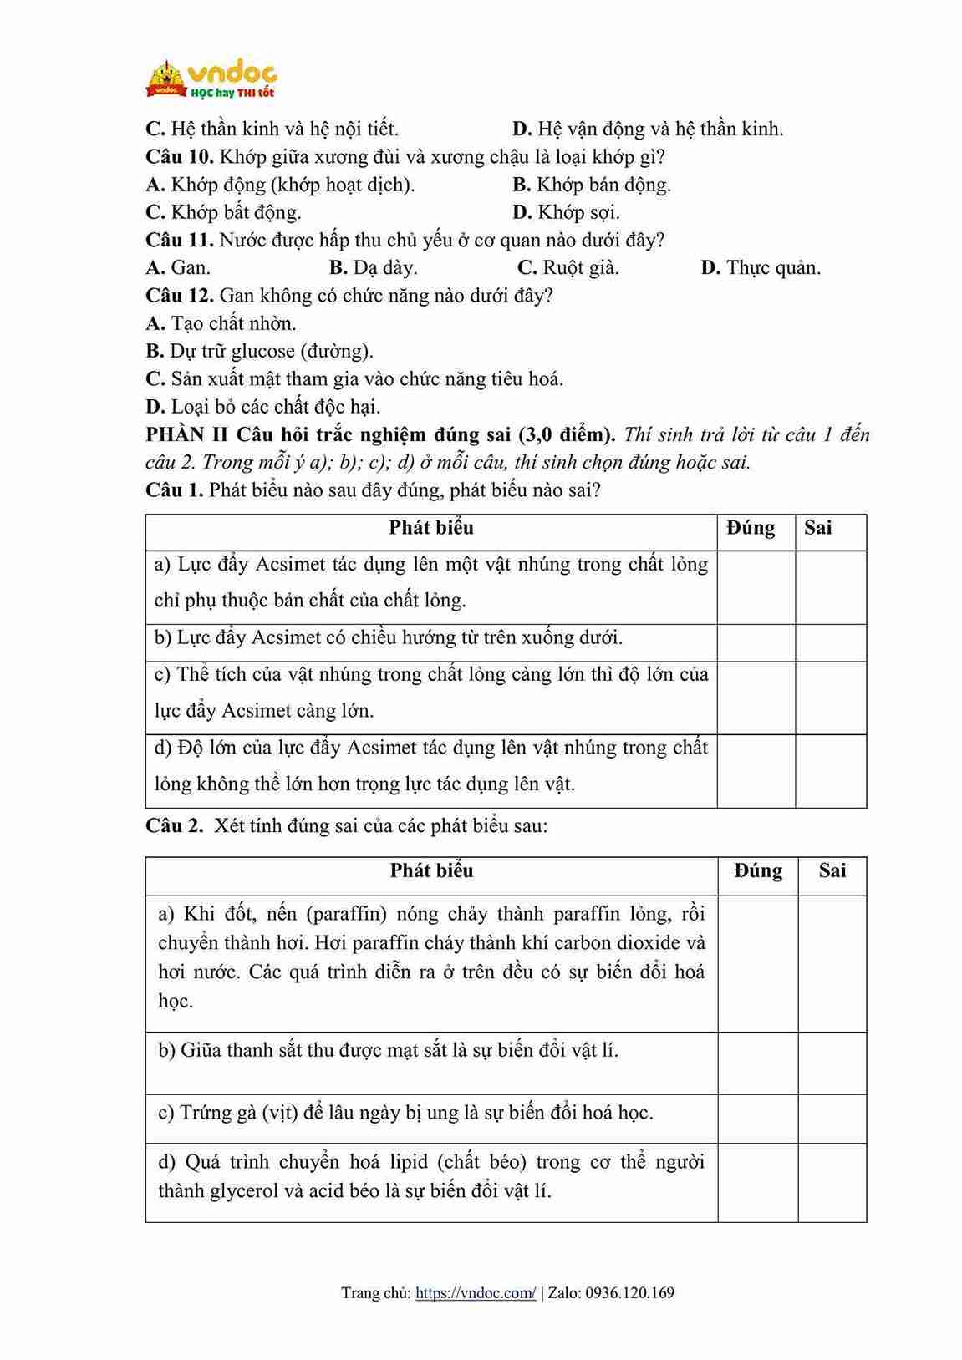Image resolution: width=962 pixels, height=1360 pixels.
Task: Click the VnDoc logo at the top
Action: click(x=211, y=79)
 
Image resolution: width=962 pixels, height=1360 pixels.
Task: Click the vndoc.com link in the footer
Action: click(x=476, y=1293)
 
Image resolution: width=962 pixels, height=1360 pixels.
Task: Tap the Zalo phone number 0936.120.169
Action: click(x=629, y=1293)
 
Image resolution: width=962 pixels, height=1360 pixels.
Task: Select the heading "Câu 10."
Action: click(x=180, y=157)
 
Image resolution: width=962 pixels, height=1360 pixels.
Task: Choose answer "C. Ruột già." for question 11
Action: click(x=568, y=268)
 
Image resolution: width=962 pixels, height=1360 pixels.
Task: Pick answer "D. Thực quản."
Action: click(x=761, y=268)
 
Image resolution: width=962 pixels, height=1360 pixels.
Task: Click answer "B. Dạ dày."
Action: click(x=373, y=268)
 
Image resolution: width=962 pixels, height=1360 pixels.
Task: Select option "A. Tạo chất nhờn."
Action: click(x=221, y=324)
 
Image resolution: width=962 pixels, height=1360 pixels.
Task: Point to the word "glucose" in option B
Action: click(x=262, y=352)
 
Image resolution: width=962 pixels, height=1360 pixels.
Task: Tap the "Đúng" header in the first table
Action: click(x=751, y=528)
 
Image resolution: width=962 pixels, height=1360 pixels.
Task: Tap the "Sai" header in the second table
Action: click(x=832, y=870)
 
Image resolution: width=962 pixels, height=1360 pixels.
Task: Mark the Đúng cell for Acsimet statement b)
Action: click(x=756, y=642)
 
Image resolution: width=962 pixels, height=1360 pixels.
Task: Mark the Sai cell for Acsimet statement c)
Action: click(x=830, y=698)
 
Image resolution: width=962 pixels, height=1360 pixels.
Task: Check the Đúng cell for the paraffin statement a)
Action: click(x=757, y=963)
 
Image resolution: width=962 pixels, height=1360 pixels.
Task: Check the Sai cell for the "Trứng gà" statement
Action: click(x=832, y=1118)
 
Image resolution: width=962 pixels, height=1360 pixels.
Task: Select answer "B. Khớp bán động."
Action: click(x=592, y=185)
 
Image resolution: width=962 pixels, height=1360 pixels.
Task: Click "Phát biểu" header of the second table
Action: click(x=431, y=870)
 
